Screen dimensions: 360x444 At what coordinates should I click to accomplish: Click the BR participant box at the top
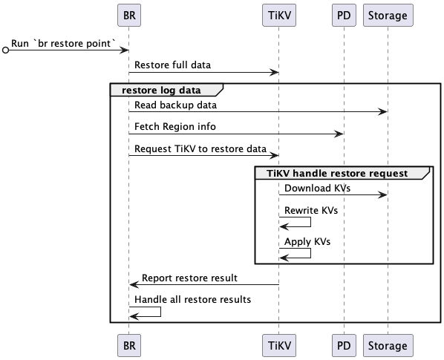pos(128,15)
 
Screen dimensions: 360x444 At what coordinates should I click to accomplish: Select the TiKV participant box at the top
pos(279,15)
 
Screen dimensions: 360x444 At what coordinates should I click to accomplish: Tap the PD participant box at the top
pos(342,15)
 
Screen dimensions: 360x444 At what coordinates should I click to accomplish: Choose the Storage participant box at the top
pos(388,15)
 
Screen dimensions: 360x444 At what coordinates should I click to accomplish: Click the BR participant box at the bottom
pos(128,345)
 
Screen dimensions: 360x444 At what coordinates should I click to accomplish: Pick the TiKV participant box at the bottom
pos(279,345)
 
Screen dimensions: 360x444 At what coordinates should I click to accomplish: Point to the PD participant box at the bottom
pos(342,345)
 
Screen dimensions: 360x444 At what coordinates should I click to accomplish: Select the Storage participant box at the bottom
pos(388,345)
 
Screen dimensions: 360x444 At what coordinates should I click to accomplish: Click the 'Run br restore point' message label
pos(64,44)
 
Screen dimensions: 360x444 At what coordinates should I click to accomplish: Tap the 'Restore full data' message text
pos(172,65)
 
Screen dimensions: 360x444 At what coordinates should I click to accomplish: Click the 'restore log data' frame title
pos(162,91)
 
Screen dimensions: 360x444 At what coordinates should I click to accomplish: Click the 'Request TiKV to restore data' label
pos(200,148)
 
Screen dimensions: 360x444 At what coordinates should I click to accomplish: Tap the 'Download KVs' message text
pos(317,188)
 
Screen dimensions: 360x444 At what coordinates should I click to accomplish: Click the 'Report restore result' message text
pos(189,278)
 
